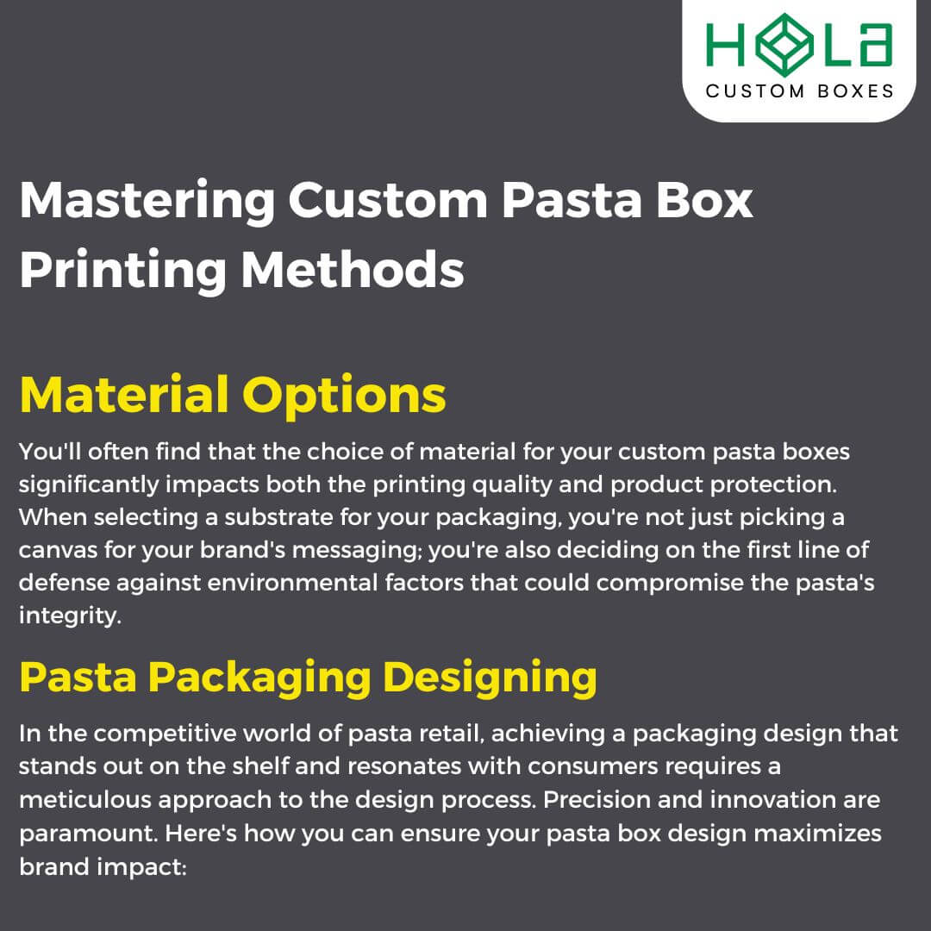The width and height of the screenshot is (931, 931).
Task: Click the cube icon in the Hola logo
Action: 785,43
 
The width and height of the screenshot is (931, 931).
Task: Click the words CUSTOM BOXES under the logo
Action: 799,91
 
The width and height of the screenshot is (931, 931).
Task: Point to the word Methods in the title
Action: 353,269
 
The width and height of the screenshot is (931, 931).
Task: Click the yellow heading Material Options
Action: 233,395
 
